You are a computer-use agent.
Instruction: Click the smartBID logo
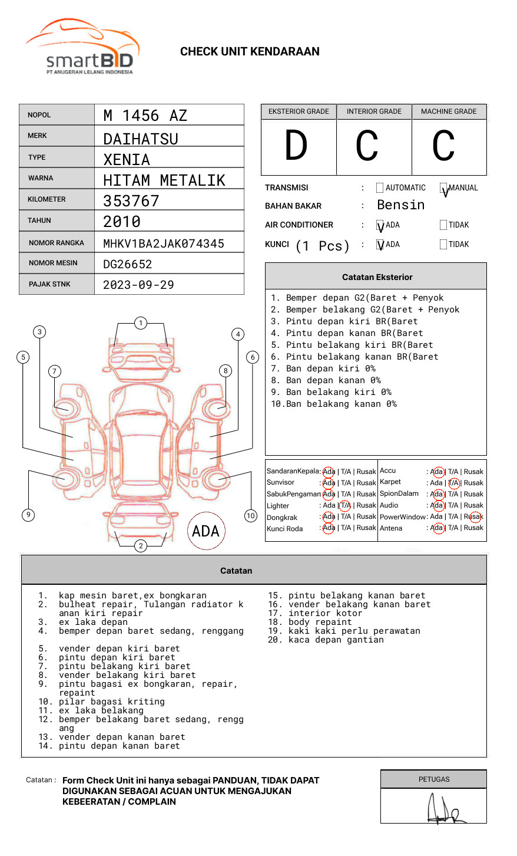pos(82,47)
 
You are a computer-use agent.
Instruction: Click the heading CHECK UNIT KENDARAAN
pos(250,52)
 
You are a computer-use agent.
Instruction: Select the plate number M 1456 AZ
pos(145,116)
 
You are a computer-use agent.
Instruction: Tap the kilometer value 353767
pos(131,201)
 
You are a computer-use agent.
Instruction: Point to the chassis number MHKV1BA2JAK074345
pos(164,243)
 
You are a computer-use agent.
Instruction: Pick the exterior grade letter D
pos(296,146)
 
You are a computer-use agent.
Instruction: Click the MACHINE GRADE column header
pos(449,111)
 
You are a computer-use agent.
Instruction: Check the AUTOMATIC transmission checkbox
pos(380,188)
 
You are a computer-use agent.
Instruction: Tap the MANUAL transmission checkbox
pos(443,188)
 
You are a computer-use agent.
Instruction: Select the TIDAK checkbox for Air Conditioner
pos(443,225)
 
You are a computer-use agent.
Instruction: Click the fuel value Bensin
pos(400,205)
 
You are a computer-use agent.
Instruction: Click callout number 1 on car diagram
pos(140,323)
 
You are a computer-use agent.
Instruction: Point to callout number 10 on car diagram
pos(251,516)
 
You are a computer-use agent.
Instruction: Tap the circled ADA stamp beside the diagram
pos(206,531)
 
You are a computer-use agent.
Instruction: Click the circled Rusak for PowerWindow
pos(475,517)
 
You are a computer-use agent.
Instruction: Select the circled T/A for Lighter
pos(345,505)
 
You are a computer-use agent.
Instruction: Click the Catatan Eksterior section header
pos(377,277)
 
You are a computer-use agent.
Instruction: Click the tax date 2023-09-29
pos(138,285)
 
